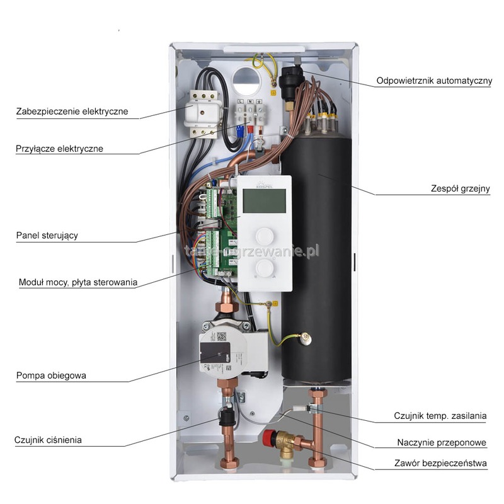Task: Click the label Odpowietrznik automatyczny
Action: pyautogui.click(x=434, y=81)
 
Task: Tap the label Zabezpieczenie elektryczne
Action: pyautogui.click(x=72, y=112)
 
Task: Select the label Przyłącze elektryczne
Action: pyautogui.click(x=60, y=149)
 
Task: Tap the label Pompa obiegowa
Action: pyautogui.click(x=52, y=376)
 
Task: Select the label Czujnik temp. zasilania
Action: pyautogui.click(x=440, y=416)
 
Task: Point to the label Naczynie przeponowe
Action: pyautogui.click(x=442, y=442)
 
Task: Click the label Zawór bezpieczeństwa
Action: pyautogui.click(x=441, y=464)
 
